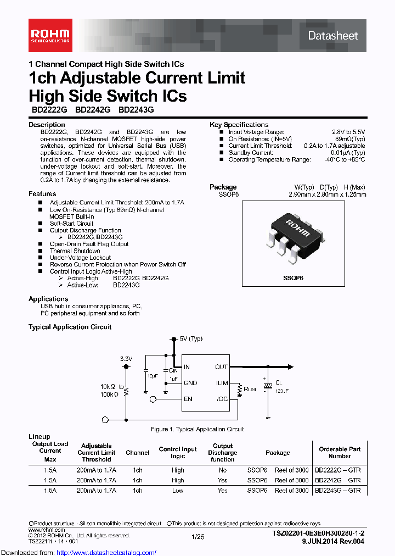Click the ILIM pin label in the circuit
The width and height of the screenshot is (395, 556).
(x=222, y=383)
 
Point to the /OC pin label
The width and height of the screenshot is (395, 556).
(x=222, y=399)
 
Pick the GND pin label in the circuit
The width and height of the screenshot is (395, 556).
(x=191, y=383)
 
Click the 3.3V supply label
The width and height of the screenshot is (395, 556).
(x=126, y=358)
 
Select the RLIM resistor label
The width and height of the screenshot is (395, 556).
(x=250, y=389)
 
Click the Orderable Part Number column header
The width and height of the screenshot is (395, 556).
(x=340, y=452)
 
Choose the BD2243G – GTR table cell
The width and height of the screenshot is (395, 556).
(x=338, y=490)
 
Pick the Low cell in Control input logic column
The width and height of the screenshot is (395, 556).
(x=178, y=490)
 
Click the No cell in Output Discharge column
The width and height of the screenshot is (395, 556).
(x=222, y=470)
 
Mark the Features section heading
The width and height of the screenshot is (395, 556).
(x=42, y=194)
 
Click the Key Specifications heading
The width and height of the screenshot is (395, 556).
(x=239, y=125)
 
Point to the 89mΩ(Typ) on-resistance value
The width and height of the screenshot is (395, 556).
(x=348, y=139)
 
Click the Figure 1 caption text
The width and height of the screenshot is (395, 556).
(x=197, y=429)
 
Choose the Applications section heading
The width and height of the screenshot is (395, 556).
(x=48, y=299)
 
